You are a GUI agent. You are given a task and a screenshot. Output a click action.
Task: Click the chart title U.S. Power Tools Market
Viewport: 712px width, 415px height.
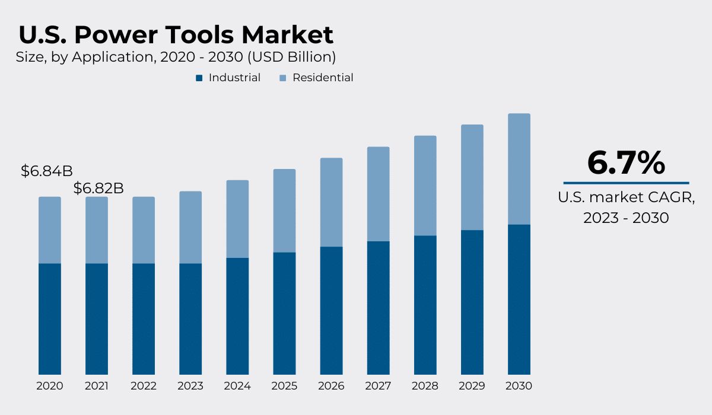coord(176,36)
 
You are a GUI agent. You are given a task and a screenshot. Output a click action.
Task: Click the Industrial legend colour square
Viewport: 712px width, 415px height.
coord(199,78)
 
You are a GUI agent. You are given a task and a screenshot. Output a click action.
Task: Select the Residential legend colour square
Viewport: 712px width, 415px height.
coord(283,78)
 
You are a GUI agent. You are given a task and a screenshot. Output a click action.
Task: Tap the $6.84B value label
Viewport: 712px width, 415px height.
coord(46,171)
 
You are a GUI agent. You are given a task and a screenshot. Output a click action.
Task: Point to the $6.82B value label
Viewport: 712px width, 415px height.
coord(98,189)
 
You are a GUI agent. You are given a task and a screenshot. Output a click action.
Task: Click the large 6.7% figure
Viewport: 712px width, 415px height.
coord(626,162)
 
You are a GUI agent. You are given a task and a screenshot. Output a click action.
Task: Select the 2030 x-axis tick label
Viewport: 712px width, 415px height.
coord(519,386)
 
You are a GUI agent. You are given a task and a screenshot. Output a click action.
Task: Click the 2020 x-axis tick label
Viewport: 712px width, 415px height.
coord(50,386)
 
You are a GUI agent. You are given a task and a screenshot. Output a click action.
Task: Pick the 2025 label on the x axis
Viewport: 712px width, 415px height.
coord(284,386)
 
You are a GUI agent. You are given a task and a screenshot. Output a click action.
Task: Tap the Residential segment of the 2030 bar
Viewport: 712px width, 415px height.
coord(519,169)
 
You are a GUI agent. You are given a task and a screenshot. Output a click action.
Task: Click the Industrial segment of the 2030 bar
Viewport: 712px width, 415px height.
coord(519,299)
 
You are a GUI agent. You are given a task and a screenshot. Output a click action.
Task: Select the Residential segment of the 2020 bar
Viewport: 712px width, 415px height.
coord(50,230)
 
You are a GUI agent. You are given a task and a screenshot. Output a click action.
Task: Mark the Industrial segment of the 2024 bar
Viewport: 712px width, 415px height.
coord(237,316)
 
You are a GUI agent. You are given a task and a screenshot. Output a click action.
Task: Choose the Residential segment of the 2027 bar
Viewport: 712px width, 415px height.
coord(378,194)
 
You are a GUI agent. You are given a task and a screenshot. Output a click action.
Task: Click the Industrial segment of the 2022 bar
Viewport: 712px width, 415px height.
coord(144,319)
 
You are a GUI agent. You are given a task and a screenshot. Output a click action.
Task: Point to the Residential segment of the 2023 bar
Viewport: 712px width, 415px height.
coord(190,227)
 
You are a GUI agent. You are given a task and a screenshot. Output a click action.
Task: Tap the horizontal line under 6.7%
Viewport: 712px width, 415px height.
coord(626,183)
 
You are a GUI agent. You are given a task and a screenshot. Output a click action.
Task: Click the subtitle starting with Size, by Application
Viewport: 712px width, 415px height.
coord(176,57)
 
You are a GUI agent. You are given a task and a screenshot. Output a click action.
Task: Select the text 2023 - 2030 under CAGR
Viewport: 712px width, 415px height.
coord(626,218)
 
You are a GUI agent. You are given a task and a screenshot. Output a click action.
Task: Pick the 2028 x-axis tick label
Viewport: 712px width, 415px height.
coord(425,386)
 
